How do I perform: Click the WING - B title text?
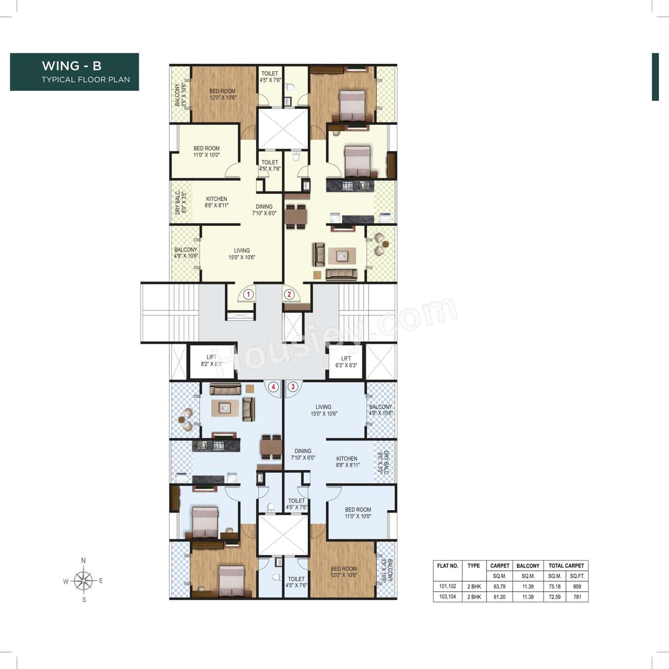tap(72, 66)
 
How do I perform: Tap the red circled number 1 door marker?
tap(248, 294)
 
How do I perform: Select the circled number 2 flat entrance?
tap(289, 294)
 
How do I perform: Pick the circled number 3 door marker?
tap(293, 387)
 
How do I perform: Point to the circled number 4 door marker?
tap(273, 387)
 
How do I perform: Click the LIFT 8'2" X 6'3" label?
tap(212, 361)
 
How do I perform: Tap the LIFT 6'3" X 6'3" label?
tap(346, 362)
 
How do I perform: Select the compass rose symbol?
tap(84, 581)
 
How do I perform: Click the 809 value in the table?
tap(577, 586)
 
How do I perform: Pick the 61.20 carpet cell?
tap(499, 597)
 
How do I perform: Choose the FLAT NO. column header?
tap(447, 566)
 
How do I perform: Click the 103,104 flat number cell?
tap(447, 597)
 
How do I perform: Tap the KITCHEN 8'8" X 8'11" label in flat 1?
tap(216, 202)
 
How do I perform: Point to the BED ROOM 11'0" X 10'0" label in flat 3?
tap(358, 513)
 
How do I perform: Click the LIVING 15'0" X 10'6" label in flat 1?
tap(241, 254)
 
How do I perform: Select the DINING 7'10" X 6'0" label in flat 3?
tap(303, 454)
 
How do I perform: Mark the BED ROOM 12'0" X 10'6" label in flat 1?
tap(223, 94)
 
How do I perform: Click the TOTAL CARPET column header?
tap(566, 566)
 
